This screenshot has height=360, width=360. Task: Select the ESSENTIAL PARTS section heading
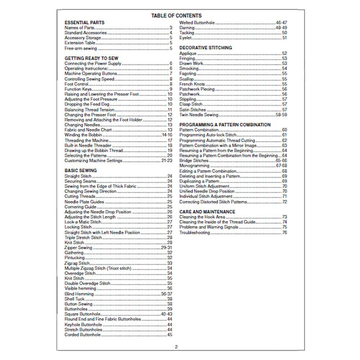[x=84, y=23]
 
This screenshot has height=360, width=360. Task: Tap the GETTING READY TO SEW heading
[x=91, y=57]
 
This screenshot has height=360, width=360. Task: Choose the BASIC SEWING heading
[x=81, y=170]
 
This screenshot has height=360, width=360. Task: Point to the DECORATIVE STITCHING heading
[x=205, y=48]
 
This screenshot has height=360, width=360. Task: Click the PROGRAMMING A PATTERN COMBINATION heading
[x=225, y=124]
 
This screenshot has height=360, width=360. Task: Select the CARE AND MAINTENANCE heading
[x=207, y=211]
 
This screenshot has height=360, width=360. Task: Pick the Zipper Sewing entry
[x=78, y=247]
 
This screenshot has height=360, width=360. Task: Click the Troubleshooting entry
[x=195, y=232]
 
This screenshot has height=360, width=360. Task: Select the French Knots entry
[x=192, y=84]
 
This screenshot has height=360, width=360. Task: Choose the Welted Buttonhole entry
[x=197, y=23]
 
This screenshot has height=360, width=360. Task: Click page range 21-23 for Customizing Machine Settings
[x=167, y=161]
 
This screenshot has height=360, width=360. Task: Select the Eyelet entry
[x=185, y=38]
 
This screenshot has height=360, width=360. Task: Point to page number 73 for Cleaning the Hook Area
[x=284, y=217]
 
